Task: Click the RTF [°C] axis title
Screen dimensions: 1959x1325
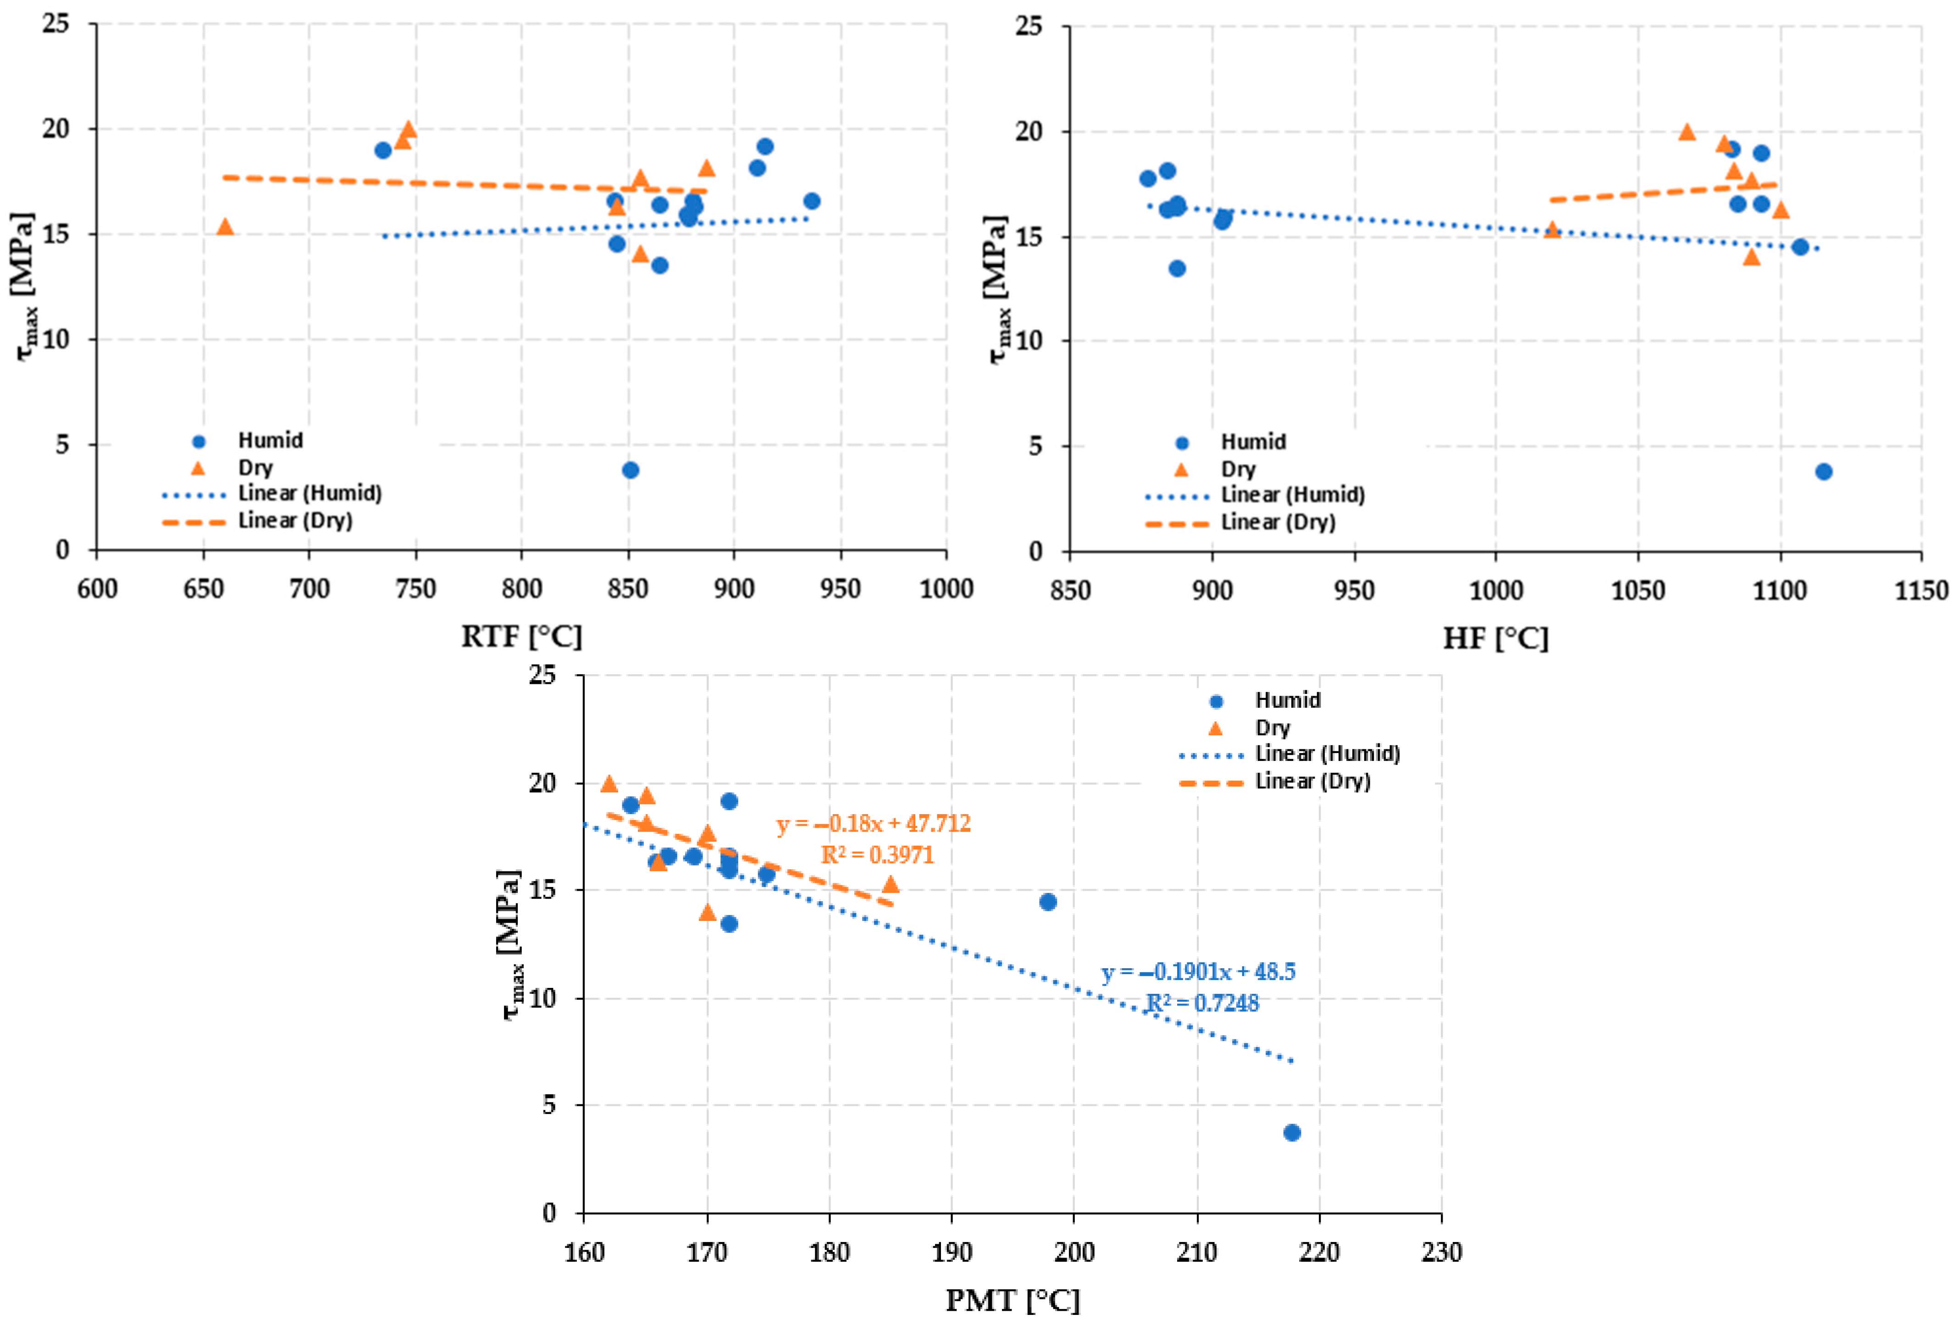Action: click(522, 637)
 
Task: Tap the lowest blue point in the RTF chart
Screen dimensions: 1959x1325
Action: click(631, 470)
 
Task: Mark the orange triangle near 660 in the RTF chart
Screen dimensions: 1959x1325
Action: click(225, 226)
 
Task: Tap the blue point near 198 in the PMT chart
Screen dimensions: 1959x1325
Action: click(1048, 901)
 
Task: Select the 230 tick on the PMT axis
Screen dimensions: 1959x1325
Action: click(1441, 1252)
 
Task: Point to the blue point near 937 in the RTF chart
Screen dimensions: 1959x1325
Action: click(812, 200)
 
